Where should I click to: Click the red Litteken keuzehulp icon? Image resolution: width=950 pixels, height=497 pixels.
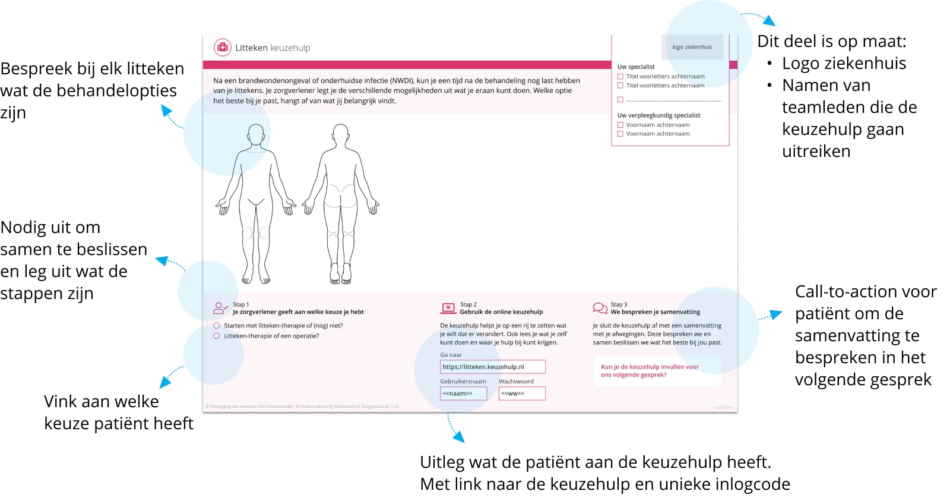click(222, 48)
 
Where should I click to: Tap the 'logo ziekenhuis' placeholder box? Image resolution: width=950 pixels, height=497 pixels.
click(692, 47)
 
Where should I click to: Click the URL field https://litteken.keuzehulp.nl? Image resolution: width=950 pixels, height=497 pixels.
click(492, 367)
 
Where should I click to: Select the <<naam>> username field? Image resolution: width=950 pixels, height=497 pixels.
click(463, 394)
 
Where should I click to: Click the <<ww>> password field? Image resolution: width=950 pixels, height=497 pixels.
click(521, 394)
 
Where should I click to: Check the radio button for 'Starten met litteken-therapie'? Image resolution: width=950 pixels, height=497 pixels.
click(217, 326)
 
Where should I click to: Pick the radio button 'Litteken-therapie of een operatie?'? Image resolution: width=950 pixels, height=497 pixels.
click(217, 336)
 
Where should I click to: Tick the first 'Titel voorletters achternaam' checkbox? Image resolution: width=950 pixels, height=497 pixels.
click(620, 77)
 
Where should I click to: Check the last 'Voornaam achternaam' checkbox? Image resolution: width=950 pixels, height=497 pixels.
click(620, 134)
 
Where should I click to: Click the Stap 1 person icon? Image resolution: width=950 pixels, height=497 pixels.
click(220, 308)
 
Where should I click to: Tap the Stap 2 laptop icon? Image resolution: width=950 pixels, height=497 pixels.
click(448, 308)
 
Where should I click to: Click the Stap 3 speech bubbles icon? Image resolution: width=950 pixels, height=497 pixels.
click(600, 308)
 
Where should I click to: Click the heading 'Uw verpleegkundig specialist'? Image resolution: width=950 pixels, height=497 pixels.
click(658, 115)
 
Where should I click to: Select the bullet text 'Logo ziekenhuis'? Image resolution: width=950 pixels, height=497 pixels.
click(844, 63)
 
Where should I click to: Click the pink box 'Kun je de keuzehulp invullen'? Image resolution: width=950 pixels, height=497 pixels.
click(657, 371)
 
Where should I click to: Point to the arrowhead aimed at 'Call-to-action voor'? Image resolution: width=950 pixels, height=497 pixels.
click(777, 314)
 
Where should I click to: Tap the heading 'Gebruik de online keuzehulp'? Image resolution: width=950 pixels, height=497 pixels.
click(501, 312)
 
